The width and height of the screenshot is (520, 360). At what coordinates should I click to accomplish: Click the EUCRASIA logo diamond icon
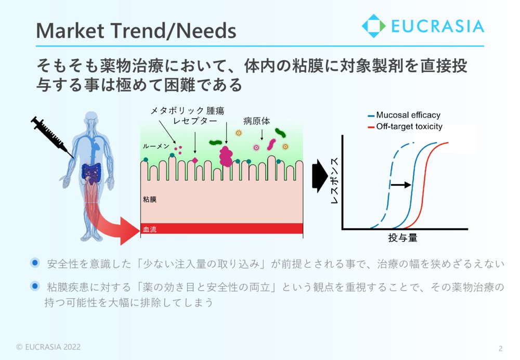[x=373, y=26]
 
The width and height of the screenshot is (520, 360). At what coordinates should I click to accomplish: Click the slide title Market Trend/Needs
[x=136, y=31]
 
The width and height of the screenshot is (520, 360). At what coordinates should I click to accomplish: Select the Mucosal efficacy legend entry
[x=404, y=115]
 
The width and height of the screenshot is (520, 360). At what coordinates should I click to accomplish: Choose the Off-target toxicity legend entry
[x=405, y=126]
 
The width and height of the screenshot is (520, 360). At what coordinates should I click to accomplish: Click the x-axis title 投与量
[x=402, y=238]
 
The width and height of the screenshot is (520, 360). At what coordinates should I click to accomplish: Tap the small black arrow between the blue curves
[x=400, y=185]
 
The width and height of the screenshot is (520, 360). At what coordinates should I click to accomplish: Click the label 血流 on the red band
[x=150, y=229]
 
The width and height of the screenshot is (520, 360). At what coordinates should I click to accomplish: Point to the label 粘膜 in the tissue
[x=150, y=199]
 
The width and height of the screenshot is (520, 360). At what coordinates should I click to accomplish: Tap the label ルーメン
[x=156, y=146]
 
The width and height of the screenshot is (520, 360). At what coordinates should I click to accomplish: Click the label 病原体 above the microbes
[x=257, y=121]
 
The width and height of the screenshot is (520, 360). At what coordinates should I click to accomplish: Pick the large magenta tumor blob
[x=226, y=157]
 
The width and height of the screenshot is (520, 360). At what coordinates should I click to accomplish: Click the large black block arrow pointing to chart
[x=320, y=176]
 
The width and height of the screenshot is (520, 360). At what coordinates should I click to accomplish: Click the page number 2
[x=500, y=349]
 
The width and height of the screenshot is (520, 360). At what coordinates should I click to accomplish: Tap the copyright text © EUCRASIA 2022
[x=48, y=347]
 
